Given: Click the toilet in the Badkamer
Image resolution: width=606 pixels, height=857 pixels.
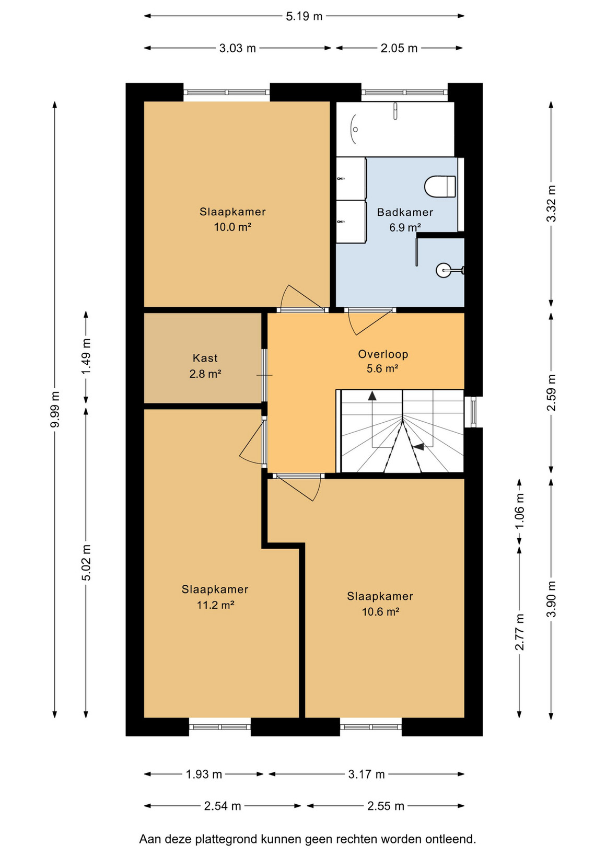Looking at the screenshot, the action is [x=440, y=187].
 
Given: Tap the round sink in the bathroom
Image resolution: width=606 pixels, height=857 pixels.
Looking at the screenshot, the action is [x=444, y=270].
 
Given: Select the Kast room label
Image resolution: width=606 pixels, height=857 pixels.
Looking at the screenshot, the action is [x=205, y=358].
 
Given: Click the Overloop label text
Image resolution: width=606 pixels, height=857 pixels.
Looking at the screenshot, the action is [x=383, y=354].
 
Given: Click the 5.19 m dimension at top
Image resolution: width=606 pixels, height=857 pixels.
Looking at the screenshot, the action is [x=304, y=16].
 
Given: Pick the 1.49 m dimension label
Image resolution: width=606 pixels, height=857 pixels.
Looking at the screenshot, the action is [x=86, y=357].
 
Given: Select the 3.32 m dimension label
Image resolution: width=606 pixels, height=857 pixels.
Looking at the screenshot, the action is [x=551, y=203].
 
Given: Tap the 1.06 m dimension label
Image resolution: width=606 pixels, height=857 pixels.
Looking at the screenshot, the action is [x=519, y=511].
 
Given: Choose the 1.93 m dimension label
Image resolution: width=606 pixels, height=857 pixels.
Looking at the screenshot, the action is [x=204, y=774].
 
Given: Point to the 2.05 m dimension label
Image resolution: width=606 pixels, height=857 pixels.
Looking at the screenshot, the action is [x=399, y=48].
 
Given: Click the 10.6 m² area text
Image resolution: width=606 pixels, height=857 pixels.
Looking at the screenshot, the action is [x=381, y=612].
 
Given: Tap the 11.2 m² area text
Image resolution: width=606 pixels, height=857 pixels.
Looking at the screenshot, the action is [x=215, y=605].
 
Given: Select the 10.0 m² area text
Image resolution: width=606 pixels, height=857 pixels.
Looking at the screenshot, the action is [x=232, y=227].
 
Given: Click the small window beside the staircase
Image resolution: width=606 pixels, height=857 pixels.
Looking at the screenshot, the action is [x=474, y=412].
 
